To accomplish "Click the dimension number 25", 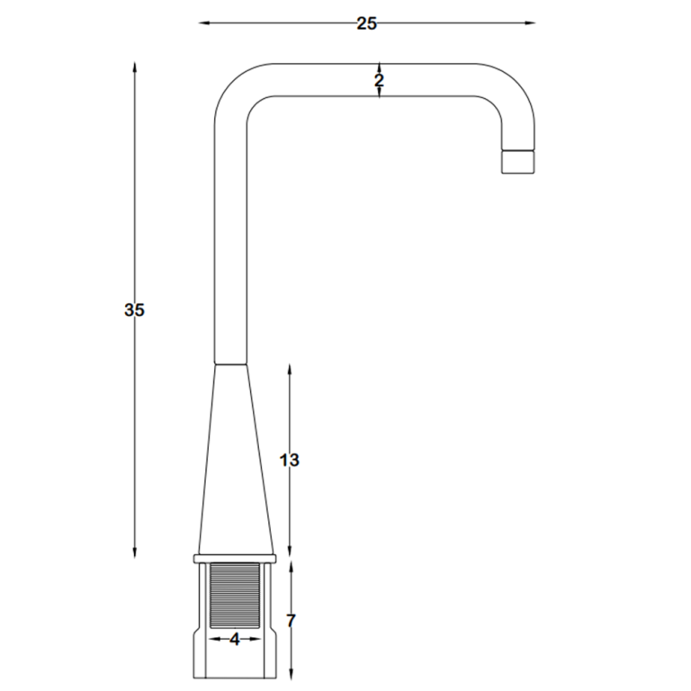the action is (367, 23).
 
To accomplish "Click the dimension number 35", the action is (134, 310).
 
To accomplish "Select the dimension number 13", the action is (290, 460).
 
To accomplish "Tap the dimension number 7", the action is (291, 621).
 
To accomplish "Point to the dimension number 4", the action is (235, 640).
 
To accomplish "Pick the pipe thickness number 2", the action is (379, 81).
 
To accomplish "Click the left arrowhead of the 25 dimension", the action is (204, 22).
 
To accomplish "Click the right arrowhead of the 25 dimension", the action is (529, 22).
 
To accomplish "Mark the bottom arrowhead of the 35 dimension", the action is (135, 552).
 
